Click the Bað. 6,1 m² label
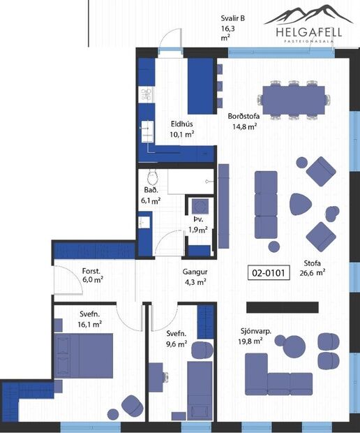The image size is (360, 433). (151, 195)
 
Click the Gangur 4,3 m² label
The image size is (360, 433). (195, 277)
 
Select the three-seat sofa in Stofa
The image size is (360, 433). (266, 205)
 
